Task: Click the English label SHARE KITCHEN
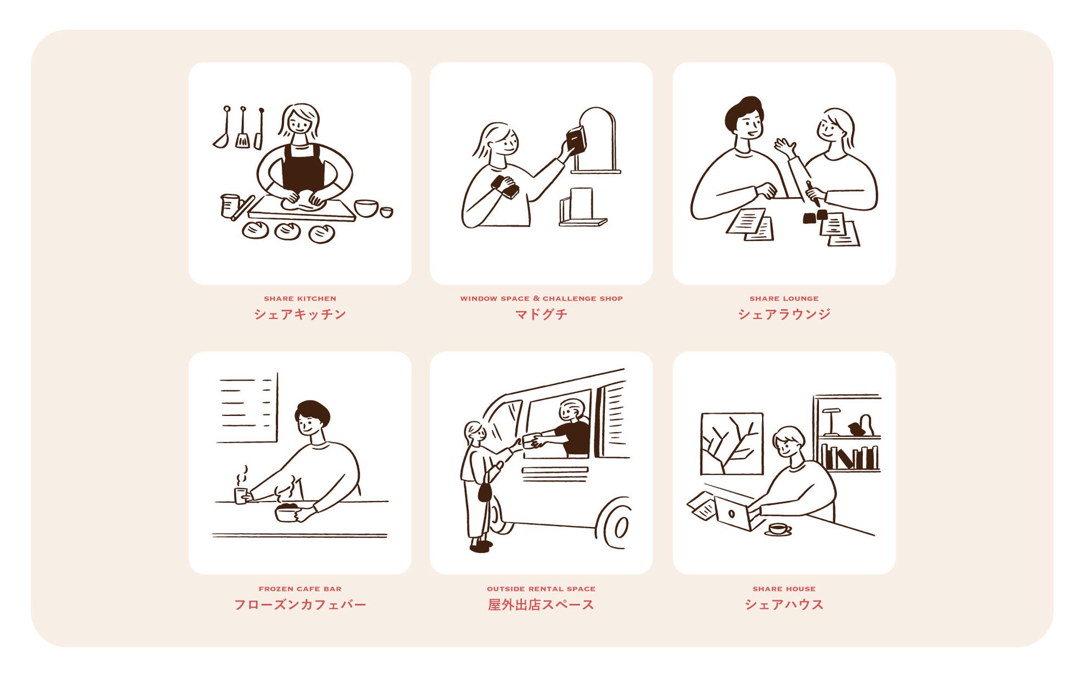pyautogui.click(x=300, y=299)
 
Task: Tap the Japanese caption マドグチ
pyautogui.click(x=541, y=314)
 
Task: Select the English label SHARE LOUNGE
pyautogui.click(x=784, y=299)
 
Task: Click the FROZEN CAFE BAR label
pyautogui.click(x=300, y=589)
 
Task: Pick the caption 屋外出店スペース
pyautogui.click(x=541, y=605)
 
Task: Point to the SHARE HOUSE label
pyautogui.click(x=784, y=589)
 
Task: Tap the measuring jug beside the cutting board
pyautogui.click(x=229, y=205)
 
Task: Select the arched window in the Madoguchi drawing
pyautogui.click(x=597, y=140)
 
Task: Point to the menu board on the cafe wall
pyautogui.click(x=247, y=408)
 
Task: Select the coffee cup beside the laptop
pyautogui.click(x=778, y=529)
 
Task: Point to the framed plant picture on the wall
pyautogui.click(x=732, y=444)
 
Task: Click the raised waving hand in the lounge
pyautogui.click(x=785, y=148)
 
